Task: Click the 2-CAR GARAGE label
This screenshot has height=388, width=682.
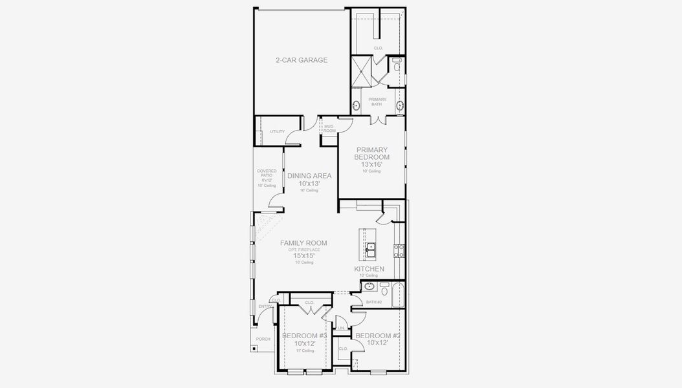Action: [x=302, y=60]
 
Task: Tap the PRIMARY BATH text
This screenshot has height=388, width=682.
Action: [x=377, y=102]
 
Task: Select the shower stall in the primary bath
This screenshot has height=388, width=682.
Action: [x=362, y=71]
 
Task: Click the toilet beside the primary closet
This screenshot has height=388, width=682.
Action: [x=397, y=65]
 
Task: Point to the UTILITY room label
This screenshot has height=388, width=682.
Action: [x=277, y=132]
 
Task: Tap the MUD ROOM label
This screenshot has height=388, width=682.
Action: [x=329, y=129]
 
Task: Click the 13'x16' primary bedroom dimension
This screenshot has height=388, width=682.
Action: [x=372, y=164]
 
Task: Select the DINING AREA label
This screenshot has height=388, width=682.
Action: [x=309, y=175]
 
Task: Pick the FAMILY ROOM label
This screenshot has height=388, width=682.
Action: [x=303, y=243]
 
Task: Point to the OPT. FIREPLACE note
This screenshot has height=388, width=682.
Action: [x=303, y=250]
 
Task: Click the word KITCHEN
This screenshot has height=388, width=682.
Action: [x=369, y=269]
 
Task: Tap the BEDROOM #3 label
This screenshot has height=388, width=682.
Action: [x=304, y=336]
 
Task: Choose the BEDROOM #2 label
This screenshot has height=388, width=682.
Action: [x=378, y=336]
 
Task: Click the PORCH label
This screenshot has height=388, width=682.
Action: [x=263, y=339]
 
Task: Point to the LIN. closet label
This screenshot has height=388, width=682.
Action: [x=340, y=329]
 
